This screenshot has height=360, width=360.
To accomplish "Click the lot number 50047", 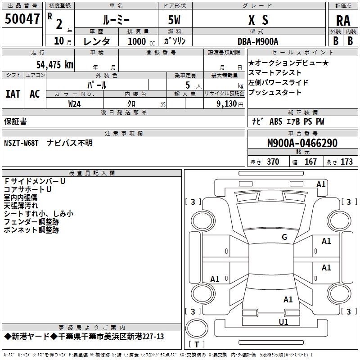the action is [x=22, y=19].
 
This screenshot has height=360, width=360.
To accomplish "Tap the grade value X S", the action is [x=258, y=20].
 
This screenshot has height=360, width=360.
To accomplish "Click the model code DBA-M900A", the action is [x=258, y=41].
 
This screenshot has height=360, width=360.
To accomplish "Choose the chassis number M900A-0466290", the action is [x=302, y=143].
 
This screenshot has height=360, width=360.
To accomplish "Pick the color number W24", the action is [x=75, y=103].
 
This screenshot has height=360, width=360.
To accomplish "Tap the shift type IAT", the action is [x=13, y=94].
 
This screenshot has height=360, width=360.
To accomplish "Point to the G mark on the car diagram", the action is [x=284, y=237].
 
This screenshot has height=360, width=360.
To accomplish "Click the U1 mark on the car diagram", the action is [x=283, y=322].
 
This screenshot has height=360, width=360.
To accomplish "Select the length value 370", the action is [x=273, y=162].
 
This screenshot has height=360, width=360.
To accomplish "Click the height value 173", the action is [x=346, y=162].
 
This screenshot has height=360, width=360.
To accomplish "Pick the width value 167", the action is [x=310, y=162].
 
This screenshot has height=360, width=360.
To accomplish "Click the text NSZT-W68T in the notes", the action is [x=22, y=143].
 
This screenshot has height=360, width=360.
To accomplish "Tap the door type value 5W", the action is [x=175, y=20].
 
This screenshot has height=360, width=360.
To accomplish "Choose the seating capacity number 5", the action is [x=187, y=85].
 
